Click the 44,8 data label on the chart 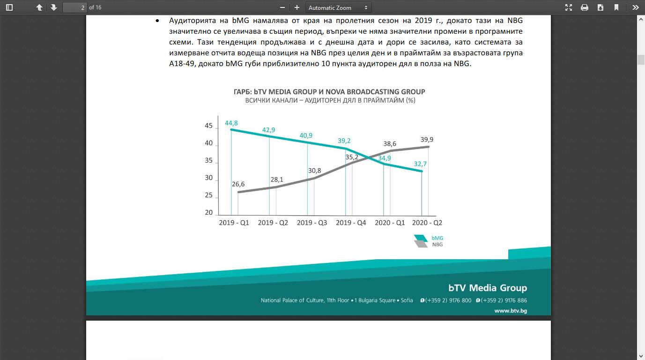tap(231, 123)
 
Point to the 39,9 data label tap(427, 140)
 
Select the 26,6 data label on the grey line tap(238, 184)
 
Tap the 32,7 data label tap(420, 164)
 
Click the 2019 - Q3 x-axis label tap(312, 223)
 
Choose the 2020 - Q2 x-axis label tap(427, 223)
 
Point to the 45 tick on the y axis tap(208, 126)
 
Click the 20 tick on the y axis tap(208, 212)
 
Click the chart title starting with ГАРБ tap(329, 92)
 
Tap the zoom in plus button tap(297, 7)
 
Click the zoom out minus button tap(282, 7)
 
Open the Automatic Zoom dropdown tap(338, 8)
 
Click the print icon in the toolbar tap(584, 7)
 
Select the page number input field tap(75, 7)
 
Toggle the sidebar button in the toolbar tap(9, 7)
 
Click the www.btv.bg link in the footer tap(511, 311)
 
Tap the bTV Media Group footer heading tap(488, 288)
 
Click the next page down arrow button tap(53, 7)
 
